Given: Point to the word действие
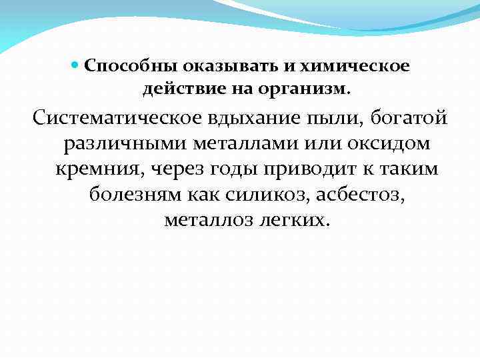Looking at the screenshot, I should [175, 88].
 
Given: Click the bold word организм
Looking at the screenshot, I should [309, 88].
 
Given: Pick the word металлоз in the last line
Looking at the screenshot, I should [204, 219].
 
